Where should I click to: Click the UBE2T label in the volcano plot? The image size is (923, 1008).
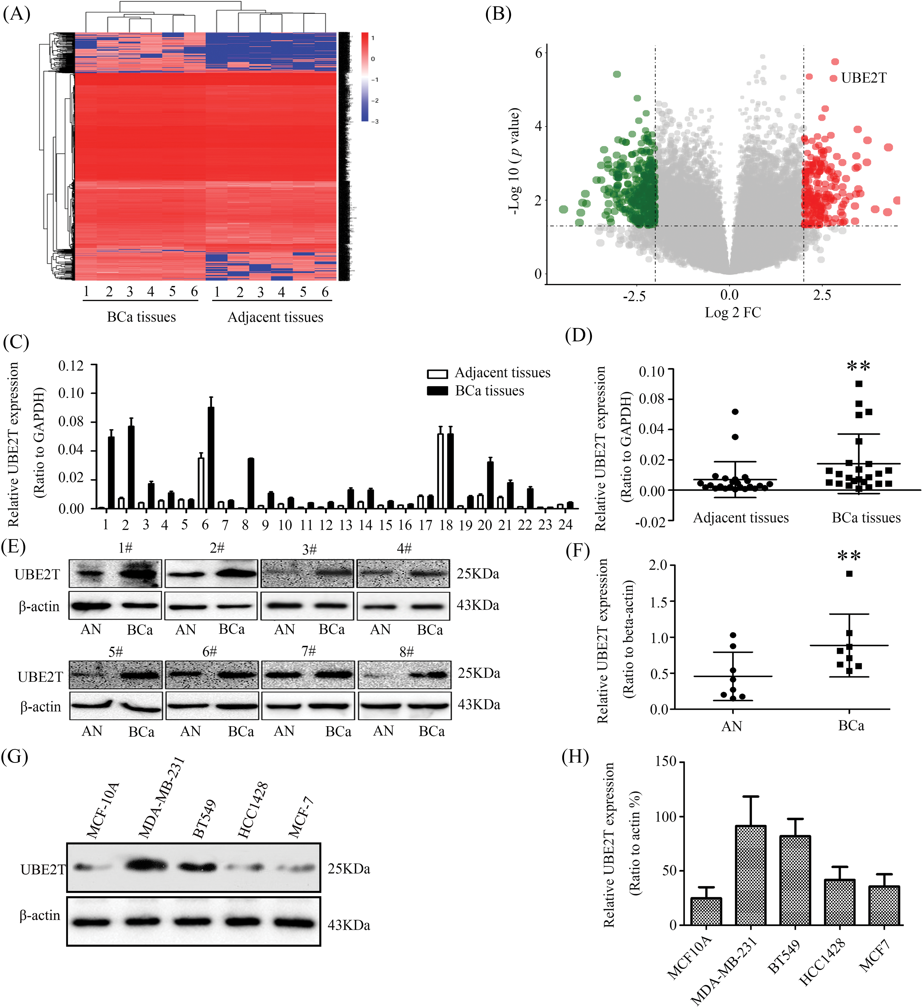pos(863,78)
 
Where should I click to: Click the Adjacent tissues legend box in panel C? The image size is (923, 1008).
pos(437,373)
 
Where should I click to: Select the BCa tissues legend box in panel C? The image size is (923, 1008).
pos(437,391)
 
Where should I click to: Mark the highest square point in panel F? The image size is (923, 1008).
pos(849,574)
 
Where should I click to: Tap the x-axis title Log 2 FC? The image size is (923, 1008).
pos(733,312)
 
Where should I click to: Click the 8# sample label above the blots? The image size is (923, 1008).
pos(407,652)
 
